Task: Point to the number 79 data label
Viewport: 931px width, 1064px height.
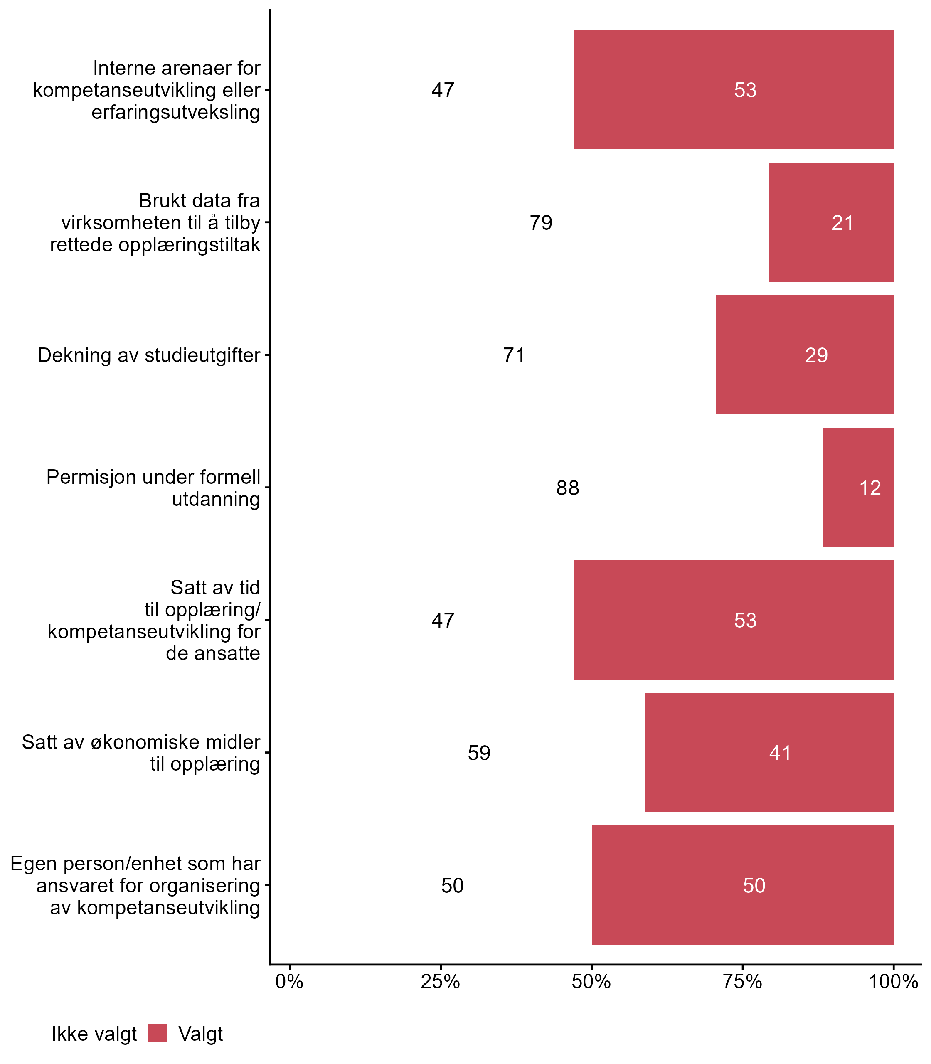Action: pos(541,223)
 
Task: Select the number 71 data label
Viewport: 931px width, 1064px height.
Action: pos(514,355)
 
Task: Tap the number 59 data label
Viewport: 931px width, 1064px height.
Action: pos(478,753)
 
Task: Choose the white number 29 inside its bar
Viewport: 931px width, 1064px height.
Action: pos(816,355)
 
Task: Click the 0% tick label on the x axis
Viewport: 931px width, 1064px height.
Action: pos(289,982)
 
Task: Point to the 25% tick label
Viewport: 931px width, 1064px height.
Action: pos(440,982)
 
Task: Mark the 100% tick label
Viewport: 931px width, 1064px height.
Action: pos(893,982)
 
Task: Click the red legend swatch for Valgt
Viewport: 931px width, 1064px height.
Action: pos(158,1033)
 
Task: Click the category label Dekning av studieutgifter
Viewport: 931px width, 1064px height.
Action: pos(149,355)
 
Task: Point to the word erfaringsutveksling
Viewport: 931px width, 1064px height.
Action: pos(175,112)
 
